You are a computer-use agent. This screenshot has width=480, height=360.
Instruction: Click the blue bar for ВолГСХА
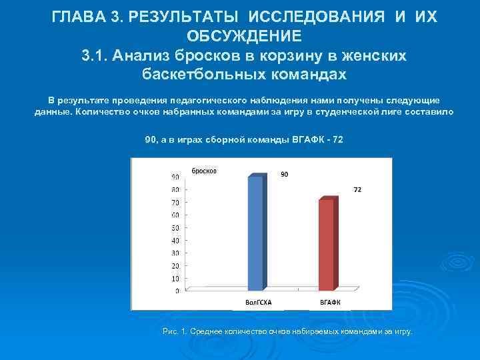pos(255,233)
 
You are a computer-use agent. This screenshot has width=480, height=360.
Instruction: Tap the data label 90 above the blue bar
pos(284,175)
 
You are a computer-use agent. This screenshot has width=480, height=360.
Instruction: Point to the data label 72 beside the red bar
pos(357,189)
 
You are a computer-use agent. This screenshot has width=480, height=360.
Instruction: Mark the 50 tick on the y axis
pos(175,228)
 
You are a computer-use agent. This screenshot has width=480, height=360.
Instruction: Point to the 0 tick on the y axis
pos(177,291)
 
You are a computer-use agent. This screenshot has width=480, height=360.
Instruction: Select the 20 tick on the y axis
pos(175,266)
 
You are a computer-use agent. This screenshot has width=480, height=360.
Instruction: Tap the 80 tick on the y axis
pos(175,190)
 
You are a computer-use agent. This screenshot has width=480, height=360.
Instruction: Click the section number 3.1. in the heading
pos(95,55)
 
